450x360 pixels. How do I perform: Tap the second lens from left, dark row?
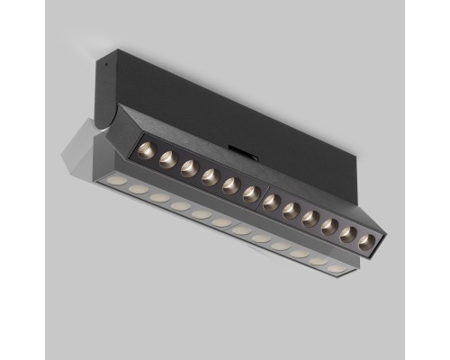167,159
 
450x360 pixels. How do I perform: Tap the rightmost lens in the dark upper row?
365,242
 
